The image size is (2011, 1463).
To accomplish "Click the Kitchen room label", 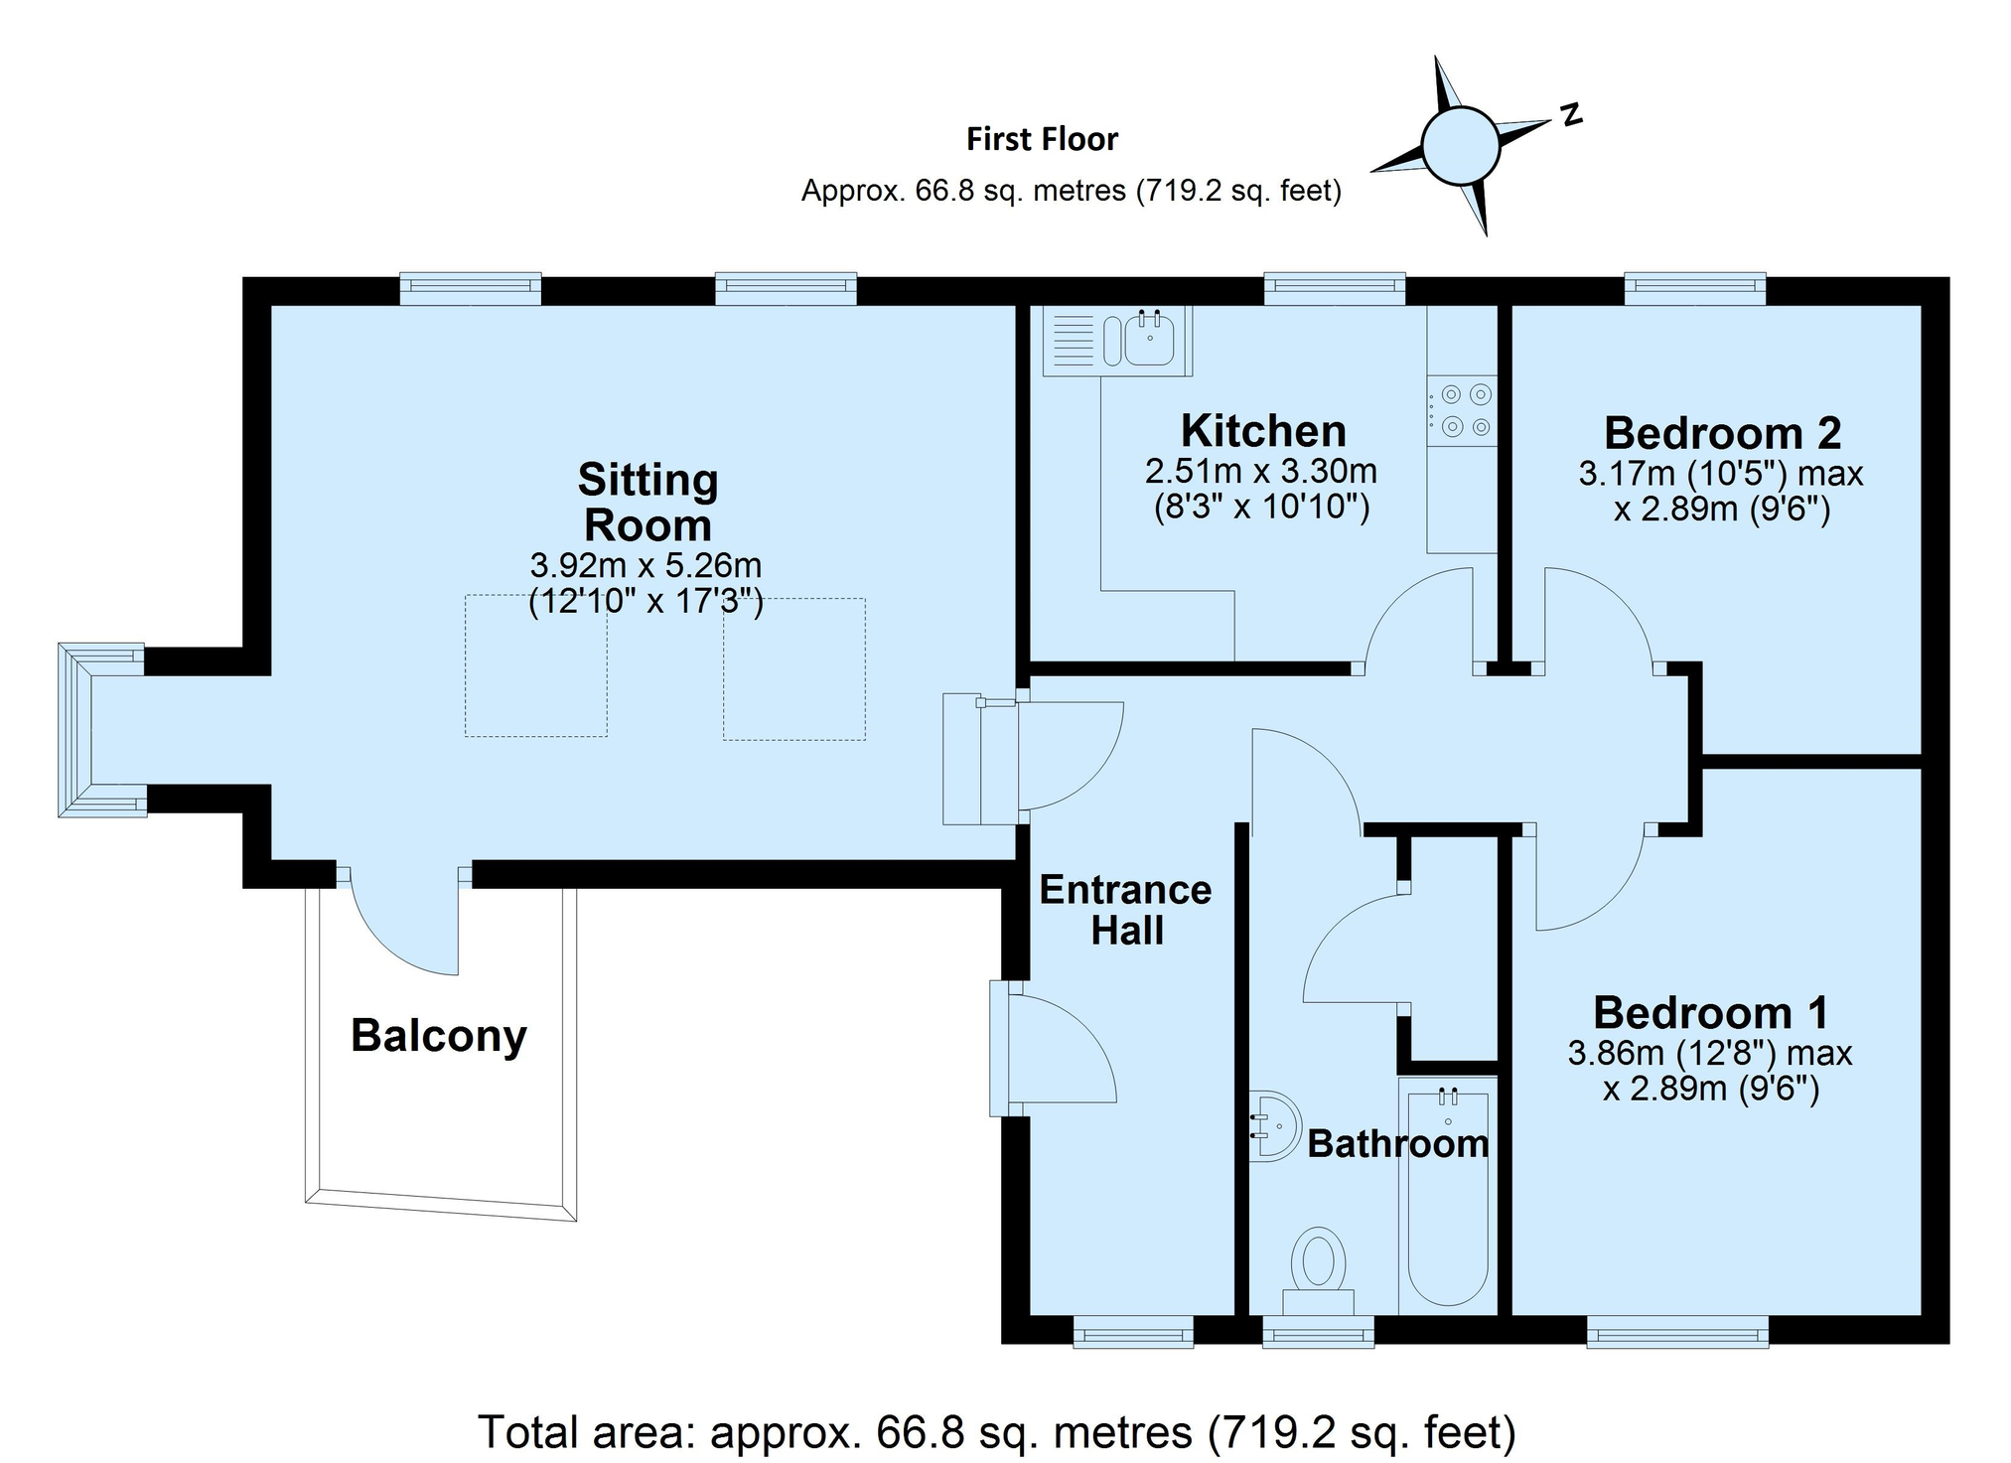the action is (1263, 431).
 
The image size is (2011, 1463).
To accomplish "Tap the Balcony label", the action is (439, 1036).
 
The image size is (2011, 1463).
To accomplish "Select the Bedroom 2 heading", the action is (1723, 433).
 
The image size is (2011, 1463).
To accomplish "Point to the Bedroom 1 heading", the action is (1711, 1012).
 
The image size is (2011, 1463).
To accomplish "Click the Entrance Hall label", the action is (1126, 910).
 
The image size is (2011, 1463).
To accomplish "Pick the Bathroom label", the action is (1398, 1143).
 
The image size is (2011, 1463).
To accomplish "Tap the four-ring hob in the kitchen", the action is (1462, 410).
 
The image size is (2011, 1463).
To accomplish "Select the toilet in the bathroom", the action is (1319, 1272).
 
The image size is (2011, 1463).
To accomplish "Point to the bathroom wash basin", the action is (1275, 1126).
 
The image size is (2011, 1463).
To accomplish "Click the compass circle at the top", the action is (1460, 146).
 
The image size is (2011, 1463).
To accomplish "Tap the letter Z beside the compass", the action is (1570, 114).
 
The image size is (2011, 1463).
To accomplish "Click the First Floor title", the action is (1043, 139).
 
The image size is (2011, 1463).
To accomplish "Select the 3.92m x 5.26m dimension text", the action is (646, 565).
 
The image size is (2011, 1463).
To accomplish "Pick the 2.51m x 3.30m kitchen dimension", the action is (1261, 470).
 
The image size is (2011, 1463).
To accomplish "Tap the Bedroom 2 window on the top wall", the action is (1695, 288).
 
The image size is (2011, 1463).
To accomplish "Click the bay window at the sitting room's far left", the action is (101, 730).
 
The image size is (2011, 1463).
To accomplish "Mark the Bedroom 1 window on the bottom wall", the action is (1677, 1332).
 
